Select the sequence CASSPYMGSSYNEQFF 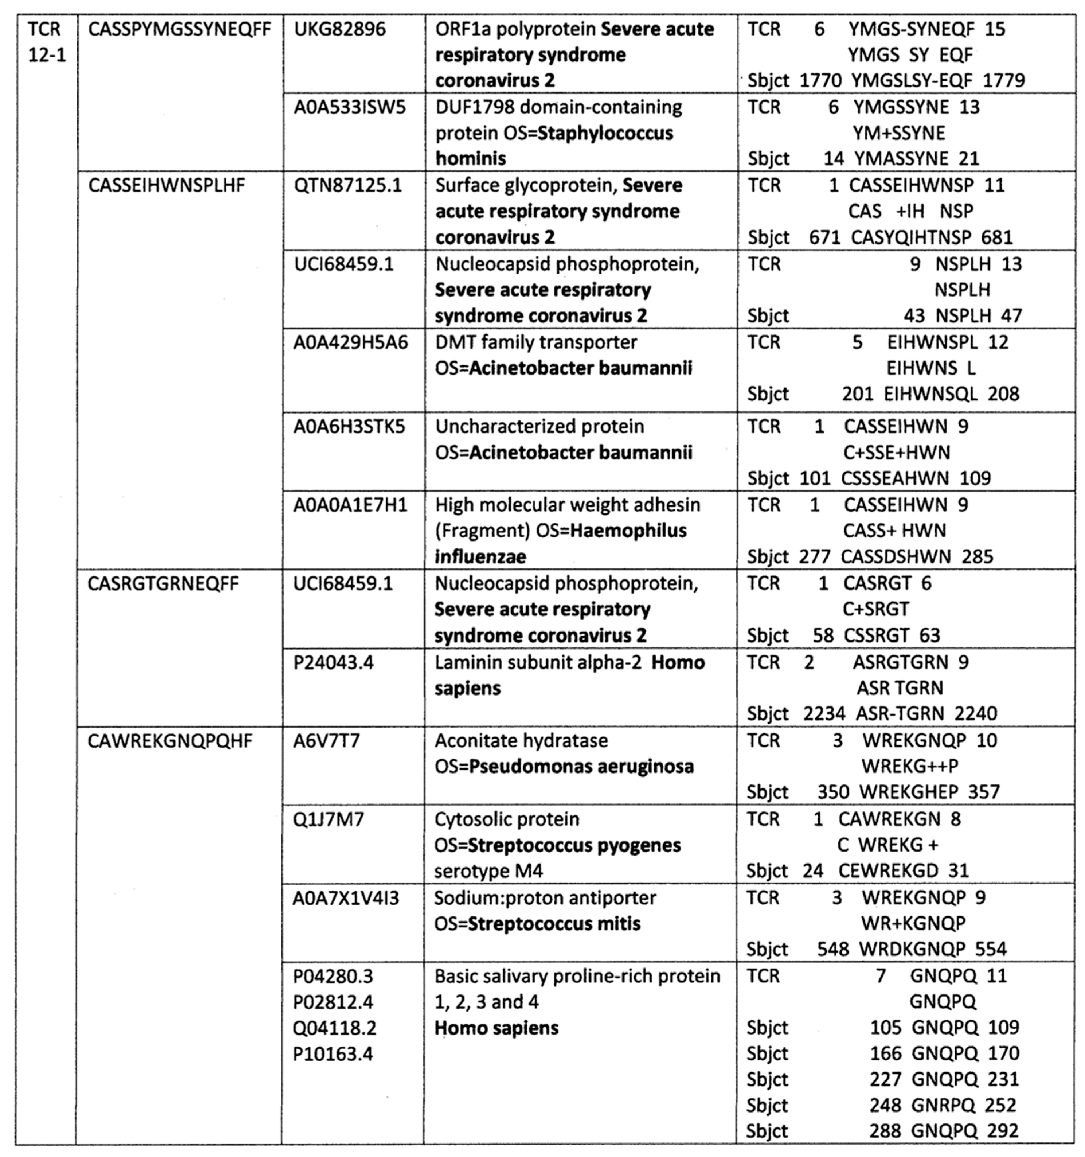180,29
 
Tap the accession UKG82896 340,29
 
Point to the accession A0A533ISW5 350,108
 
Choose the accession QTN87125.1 347,186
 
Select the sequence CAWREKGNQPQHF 170,741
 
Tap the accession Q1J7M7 329,819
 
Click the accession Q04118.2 335,1028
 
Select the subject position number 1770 820,80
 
